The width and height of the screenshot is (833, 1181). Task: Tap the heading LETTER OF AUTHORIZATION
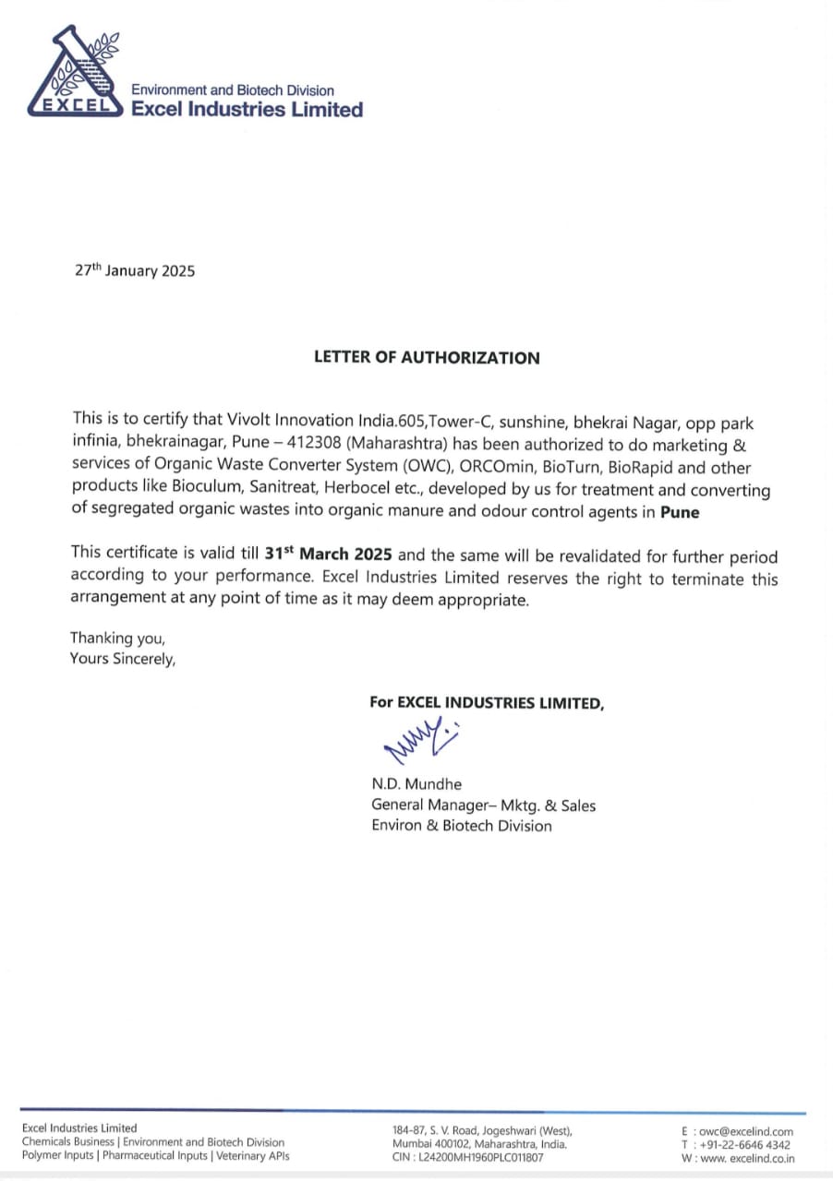tap(426, 358)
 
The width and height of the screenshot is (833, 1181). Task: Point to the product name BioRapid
tap(646, 468)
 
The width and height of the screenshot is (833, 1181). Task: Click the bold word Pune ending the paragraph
tap(680, 512)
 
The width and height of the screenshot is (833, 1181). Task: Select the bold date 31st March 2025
tap(329, 556)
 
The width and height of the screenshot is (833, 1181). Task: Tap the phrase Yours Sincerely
tap(122, 659)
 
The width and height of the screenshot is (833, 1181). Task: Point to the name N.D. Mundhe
tap(416, 784)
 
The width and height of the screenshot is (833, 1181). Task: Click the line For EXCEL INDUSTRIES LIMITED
tap(487, 702)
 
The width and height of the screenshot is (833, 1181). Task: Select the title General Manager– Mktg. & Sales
tap(483, 805)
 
